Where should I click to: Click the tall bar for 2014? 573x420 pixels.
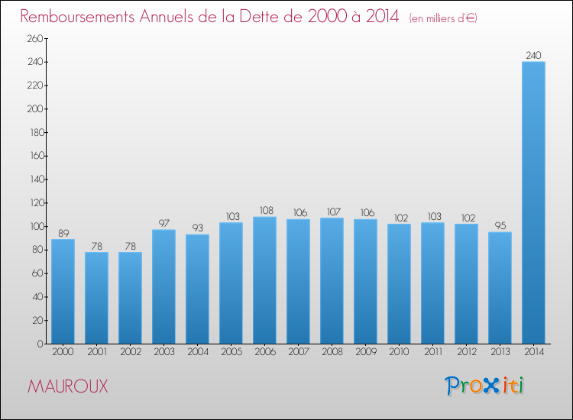pos(533,202)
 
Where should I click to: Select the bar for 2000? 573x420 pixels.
pos(63,291)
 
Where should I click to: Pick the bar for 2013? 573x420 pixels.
pos(500,288)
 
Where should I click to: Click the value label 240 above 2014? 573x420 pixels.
pos(533,55)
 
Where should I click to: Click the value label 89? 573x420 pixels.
pos(63,233)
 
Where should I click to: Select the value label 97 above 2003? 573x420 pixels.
pos(163,223)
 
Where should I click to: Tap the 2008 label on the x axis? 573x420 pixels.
pos(332,353)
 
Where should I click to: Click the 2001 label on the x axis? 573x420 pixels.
pos(96,353)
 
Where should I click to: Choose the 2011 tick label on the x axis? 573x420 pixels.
pos(432,353)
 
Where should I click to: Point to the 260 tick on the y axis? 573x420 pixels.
pos(35,39)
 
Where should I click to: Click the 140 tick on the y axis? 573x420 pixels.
pos(35,180)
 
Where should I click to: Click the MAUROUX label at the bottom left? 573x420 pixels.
pos(67,386)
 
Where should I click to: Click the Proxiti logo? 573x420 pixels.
pos(484,386)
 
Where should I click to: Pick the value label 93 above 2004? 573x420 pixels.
pos(197,228)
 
